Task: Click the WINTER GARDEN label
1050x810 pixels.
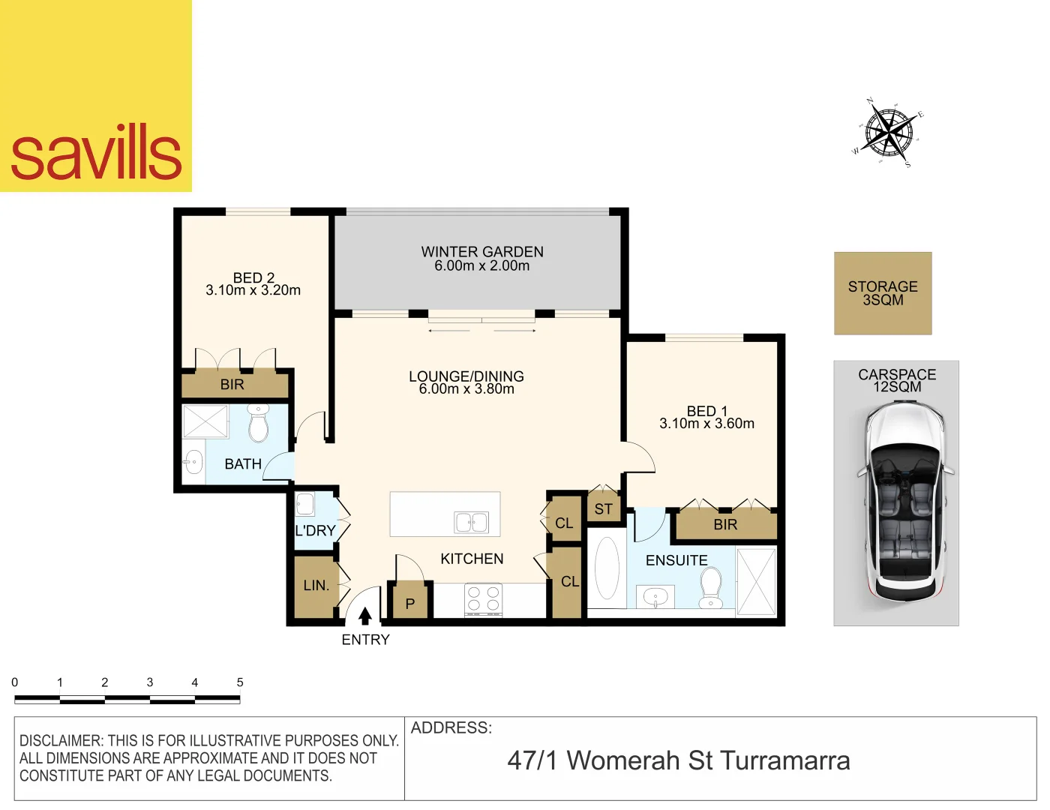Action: [481, 252]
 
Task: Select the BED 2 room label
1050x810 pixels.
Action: [253, 277]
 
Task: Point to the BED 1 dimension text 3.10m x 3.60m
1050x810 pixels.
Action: [706, 424]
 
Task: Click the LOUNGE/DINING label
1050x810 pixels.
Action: [466, 376]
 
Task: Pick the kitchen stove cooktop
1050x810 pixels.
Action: [483, 599]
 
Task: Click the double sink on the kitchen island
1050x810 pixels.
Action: [472, 522]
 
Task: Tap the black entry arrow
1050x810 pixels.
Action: [365, 616]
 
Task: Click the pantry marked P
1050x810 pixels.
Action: [409, 603]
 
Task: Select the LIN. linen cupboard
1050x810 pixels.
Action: [316, 586]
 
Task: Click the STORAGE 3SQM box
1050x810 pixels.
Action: [883, 293]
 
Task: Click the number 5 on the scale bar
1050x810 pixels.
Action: [240, 682]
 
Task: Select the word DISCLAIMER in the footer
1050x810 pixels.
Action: [60, 741]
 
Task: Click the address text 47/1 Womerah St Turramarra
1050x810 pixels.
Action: [679, 760]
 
